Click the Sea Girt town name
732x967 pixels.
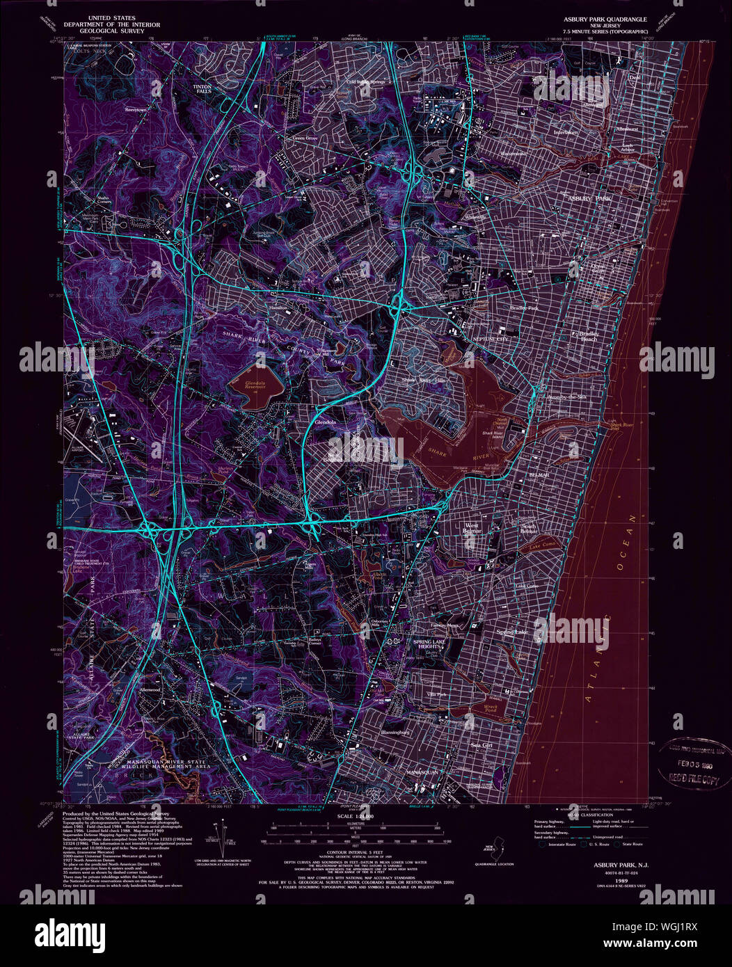click(482, 744)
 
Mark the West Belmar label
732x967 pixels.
click(472, 530)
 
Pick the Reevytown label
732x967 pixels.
click(136, 110)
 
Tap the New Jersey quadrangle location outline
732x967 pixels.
click(494, 849)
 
